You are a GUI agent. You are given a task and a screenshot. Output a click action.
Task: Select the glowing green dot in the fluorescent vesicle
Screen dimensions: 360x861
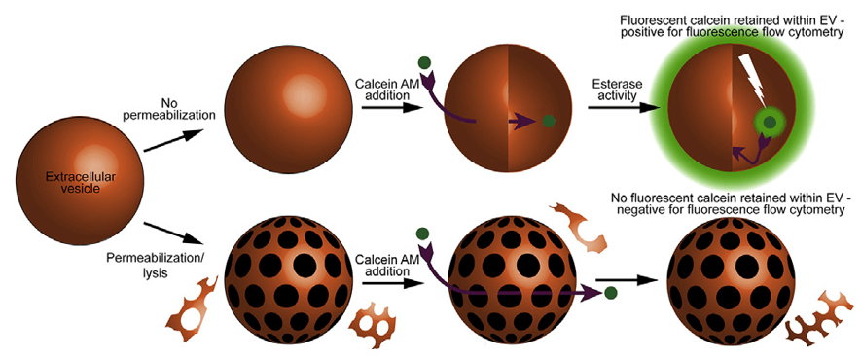pos(771,124)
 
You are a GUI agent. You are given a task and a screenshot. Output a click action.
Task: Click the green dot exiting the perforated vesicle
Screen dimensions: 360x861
pos(610,292)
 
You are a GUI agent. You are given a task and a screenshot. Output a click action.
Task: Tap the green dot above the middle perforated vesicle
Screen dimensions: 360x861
pos(423,233)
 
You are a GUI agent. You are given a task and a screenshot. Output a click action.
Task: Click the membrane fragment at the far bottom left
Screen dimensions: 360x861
pos(194,310)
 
